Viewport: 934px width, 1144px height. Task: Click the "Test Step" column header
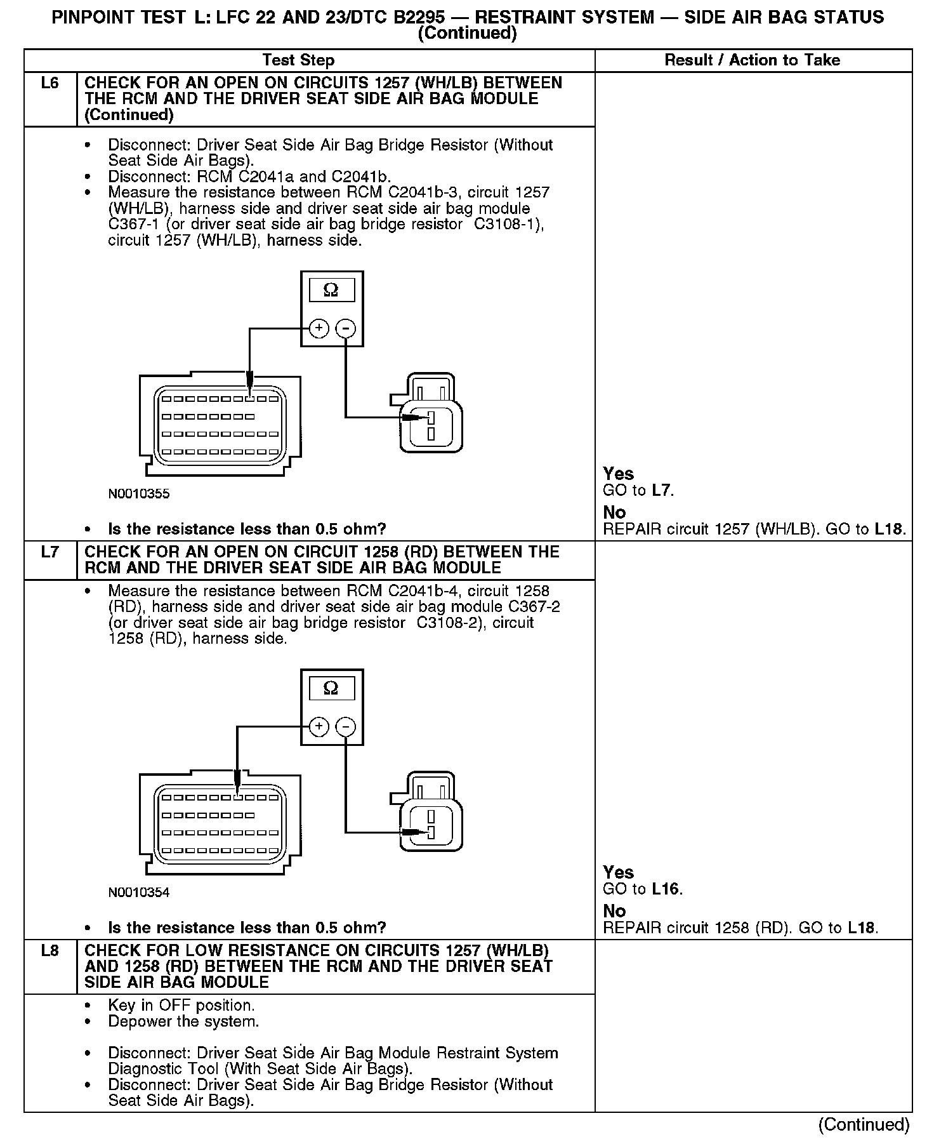coord(298,60)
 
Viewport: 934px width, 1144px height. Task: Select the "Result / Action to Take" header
coord(752,60)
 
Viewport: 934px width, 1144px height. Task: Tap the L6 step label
coord(49,83)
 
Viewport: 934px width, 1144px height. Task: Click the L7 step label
coord(49,552)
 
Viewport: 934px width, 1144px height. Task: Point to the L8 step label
coord(49,951)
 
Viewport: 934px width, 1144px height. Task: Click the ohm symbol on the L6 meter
coord(331,290)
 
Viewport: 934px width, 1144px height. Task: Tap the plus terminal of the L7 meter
coord(319,726)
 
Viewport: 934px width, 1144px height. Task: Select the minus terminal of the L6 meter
coord(345,328)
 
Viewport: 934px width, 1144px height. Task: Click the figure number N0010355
coord(139,494)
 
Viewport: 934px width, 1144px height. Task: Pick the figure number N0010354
coord(139,893)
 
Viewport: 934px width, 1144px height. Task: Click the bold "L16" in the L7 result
coord(665,889)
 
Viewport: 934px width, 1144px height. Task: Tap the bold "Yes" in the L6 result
coord(618,474)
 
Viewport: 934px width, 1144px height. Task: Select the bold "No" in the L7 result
coord(614,911)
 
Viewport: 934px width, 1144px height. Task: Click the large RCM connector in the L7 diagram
coord(220,823)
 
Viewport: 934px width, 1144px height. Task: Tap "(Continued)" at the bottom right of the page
coord(864,1124)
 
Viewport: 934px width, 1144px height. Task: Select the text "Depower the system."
coord(183,1021)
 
